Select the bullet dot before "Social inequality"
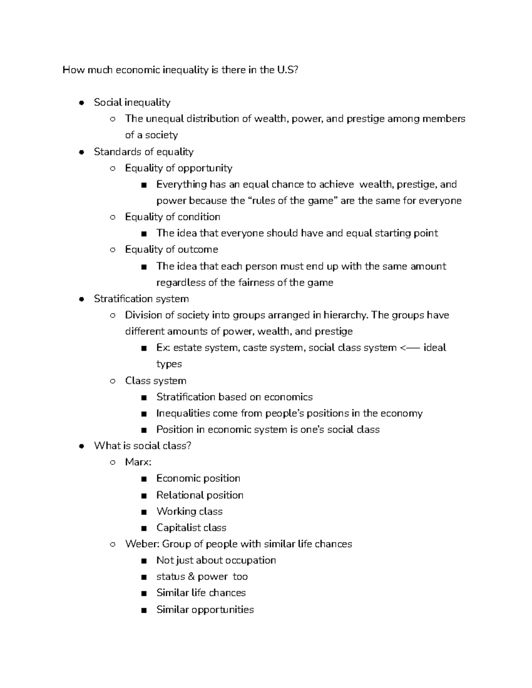click(x=81, y=103)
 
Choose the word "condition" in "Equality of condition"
click(x=199, y=217)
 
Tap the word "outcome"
click(x=198, y=250)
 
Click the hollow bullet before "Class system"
click(x=113, y=381)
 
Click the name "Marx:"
click(x=138, y=463)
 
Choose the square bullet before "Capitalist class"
click(x=144, y=528)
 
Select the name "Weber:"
click(x=142, y=544)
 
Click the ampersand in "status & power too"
click(x=191, y=577)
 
